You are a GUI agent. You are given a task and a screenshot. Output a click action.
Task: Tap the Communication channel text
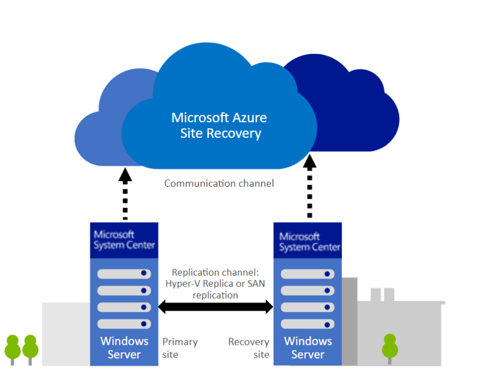tap(219, 183)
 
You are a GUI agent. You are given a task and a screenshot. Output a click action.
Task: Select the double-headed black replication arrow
tap(215, 307)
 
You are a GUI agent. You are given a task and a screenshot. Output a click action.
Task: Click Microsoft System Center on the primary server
tap(124, 239)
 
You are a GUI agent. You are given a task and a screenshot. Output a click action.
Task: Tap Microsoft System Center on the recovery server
tap(309, 242)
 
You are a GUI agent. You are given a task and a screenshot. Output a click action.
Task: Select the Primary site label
tap(179, 348)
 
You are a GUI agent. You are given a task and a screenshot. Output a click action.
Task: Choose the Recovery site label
tap(249, 348)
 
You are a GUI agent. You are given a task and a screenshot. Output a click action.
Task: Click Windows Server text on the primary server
tap(124, 348)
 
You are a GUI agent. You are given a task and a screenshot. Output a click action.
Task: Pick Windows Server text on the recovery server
tap(308, 348)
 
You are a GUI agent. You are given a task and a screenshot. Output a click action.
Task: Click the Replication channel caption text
tap(215, 283)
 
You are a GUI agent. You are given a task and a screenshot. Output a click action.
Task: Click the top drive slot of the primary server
tap(124, 274)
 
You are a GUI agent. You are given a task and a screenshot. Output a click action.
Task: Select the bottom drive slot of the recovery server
tap(308, 324)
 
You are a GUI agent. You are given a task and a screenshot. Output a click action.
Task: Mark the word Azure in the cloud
tap(250, 118)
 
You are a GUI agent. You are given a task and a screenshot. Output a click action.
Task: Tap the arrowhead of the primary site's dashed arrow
tap(125, 175)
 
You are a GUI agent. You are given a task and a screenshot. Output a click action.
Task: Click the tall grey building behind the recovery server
tap(349, 320)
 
